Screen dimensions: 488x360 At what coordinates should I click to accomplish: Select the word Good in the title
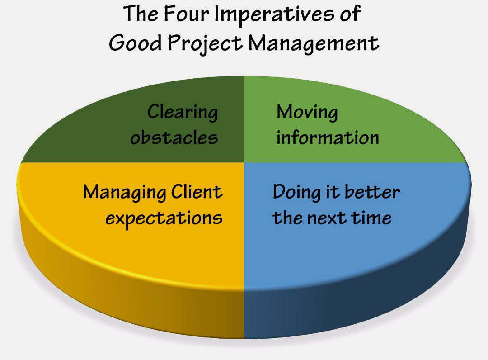(x=136, y=43)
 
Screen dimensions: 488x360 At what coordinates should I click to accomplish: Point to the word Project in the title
(x=205, y=43)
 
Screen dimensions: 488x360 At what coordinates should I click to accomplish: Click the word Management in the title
(x=314, y=43)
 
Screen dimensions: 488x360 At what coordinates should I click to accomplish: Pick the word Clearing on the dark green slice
(x=183, y=112)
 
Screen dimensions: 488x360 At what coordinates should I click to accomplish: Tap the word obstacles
(x=174, y=137)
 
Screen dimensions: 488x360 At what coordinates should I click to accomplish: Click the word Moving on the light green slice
(x=307, y=112)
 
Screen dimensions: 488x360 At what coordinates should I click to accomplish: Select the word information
(x=328, y=137)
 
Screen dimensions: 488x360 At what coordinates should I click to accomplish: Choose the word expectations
(x=164, y=218)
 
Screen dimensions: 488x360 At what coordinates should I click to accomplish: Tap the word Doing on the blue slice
(x=296, y=193)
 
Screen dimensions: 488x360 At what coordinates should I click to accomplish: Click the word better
(x=372, y=191)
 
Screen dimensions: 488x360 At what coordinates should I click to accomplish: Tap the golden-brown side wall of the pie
(x=125, y=296)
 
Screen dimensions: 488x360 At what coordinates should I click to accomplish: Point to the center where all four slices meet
(x=244, y=162)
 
